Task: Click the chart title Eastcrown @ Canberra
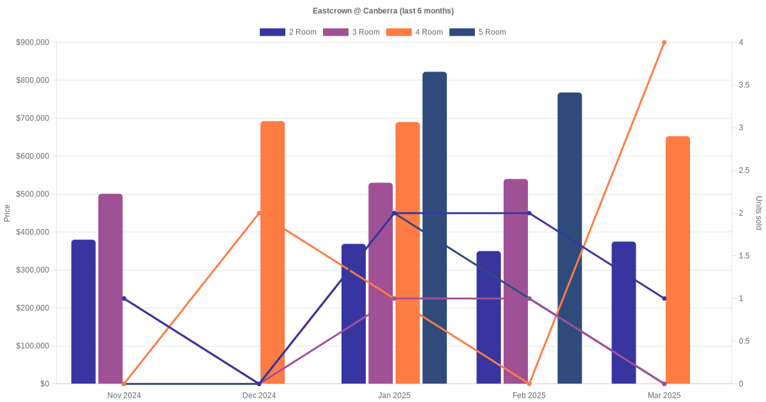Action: point(383,11)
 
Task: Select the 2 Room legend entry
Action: point(288,32)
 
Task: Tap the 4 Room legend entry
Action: point(414,32)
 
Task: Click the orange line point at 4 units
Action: point(664,43)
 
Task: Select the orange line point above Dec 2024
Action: point(259,213)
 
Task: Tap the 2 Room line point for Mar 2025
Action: point(664,299)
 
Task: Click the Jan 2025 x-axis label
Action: point(394,396)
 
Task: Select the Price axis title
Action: point(7,213)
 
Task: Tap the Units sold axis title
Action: point(759,213)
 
